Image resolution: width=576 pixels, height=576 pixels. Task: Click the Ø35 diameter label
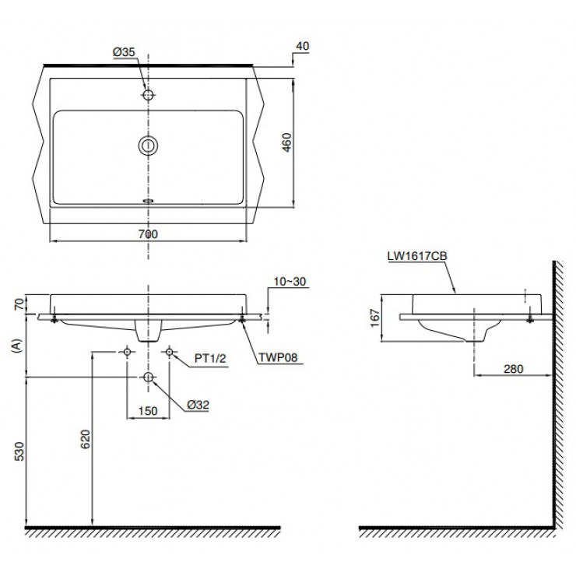(x=125, y=51)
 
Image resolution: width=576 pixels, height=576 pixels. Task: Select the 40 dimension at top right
(x=303, y=46)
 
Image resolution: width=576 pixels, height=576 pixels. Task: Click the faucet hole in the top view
(x=148, y=94)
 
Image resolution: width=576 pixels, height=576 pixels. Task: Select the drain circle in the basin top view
(x=148, y=145)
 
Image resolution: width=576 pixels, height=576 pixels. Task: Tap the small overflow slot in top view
(x=148, y=199)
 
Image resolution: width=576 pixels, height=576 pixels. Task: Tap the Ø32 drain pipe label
(x=198, y=405)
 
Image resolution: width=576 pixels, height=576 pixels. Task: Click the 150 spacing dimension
(x=148, y=411)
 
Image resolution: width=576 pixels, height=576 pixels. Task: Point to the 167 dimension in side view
(x=374, y=318)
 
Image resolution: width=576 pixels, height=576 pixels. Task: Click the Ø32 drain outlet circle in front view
(x=148, y=378)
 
